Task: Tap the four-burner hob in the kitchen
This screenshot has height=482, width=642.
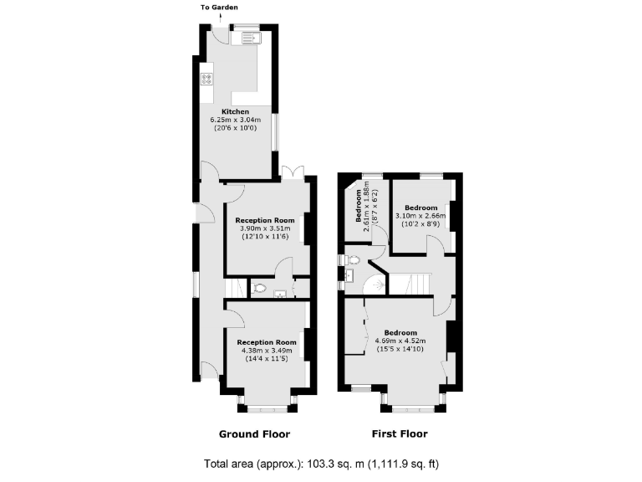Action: coord(206,80)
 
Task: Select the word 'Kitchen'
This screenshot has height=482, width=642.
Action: coord(235,111)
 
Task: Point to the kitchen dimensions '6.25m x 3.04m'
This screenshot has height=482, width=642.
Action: coord(235,120)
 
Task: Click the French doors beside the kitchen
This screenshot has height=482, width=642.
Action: coord(293,172)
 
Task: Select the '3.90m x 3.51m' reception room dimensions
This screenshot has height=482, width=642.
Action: coord(265,228)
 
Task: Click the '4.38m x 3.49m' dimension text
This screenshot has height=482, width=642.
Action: coord(267,350)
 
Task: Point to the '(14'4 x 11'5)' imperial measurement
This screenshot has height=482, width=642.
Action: coord(267,358)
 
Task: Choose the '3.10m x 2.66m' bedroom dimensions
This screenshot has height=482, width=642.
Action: coord(420,216)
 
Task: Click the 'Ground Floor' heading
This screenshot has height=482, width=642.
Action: coord(254,434)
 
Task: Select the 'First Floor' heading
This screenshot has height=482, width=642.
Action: coord(399,434)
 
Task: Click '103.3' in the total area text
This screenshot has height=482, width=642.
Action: coord(338,464)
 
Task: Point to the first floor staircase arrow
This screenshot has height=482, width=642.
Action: coord(380,285)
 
